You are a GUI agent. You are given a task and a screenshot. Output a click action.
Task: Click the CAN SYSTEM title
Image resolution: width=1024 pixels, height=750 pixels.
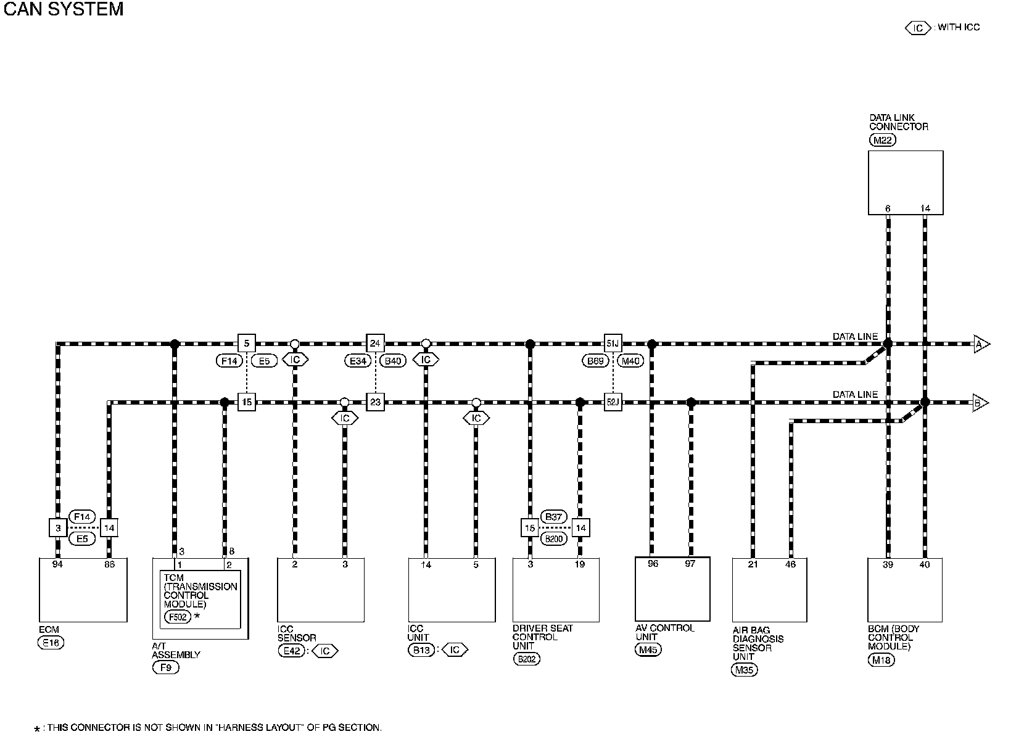[x=64, y=9]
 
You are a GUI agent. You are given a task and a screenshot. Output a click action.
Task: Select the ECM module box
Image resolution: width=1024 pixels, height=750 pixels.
[x=83, y=590]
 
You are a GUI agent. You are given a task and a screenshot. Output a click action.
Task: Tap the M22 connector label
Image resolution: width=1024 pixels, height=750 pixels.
[x=882, y=140]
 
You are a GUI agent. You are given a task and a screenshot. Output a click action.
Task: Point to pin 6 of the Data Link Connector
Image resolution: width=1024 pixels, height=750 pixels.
[x=888, y=208]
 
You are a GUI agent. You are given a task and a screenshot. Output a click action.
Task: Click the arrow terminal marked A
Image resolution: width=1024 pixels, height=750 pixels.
[x=981, y=344]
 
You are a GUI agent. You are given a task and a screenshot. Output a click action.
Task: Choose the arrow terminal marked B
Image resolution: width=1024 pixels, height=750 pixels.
[x=980, y=403]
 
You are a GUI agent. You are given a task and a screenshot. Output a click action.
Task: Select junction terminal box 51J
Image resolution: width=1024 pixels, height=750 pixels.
[x=613, y=344]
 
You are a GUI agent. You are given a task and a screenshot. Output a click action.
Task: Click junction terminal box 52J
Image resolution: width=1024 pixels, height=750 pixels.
[x=613, y=403]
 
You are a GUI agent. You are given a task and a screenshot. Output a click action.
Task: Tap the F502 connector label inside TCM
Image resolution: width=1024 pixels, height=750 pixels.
[x=177, y=616]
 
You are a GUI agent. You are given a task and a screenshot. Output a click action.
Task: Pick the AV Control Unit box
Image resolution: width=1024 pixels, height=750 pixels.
[x=672, y=589]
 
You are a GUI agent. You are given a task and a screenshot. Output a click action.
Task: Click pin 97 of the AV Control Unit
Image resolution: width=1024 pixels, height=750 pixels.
[x=690, y=564]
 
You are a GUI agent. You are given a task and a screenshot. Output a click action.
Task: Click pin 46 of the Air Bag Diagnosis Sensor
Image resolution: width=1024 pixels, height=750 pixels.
[x=790, y=564]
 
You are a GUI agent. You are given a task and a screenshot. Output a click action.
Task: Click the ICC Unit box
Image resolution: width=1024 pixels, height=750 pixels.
[x=452, y=590]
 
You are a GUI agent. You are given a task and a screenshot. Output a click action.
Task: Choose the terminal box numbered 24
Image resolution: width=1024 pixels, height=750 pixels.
[x=375, y=344]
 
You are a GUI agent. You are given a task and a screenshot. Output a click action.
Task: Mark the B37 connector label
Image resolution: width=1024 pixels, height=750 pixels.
[x=553, y=517]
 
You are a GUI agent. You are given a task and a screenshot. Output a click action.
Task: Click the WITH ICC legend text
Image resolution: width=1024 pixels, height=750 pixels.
[x=959, y=27]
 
